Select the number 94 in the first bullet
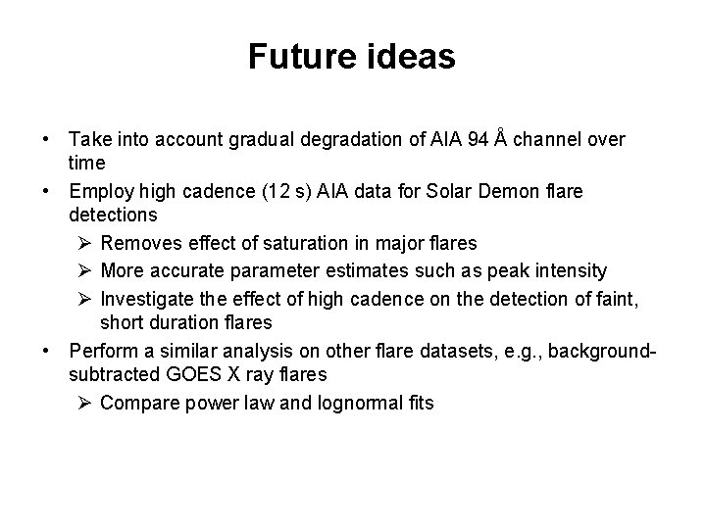(x=479, y=140)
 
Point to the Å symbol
(x=501, y=139)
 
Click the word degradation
(x=352, y=140)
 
